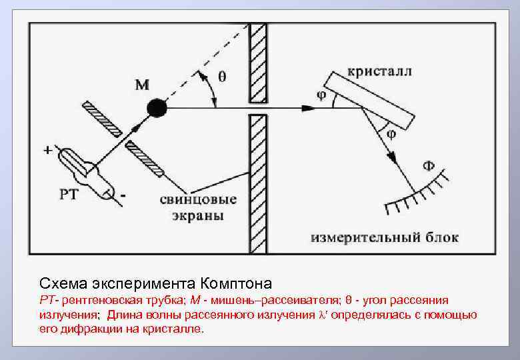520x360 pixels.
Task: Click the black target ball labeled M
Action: pyautogui.click(x=157, y=107)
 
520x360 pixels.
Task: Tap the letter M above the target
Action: pyautogui.click(x=142, y=85)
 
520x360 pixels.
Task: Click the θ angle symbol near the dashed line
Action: pyautogui.click(x=222, y=76)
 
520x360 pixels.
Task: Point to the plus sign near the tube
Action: pyautogui.click(x=48, y=151)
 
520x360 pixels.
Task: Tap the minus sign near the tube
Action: pyautogui.click(x=125, y=196)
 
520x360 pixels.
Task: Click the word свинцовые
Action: pyautogui.click(x=198, y=200)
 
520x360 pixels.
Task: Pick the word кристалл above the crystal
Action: pyautogui.click(x=379, y=71)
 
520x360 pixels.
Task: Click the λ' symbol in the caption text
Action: pyautogui.click(x=326, y=315)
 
